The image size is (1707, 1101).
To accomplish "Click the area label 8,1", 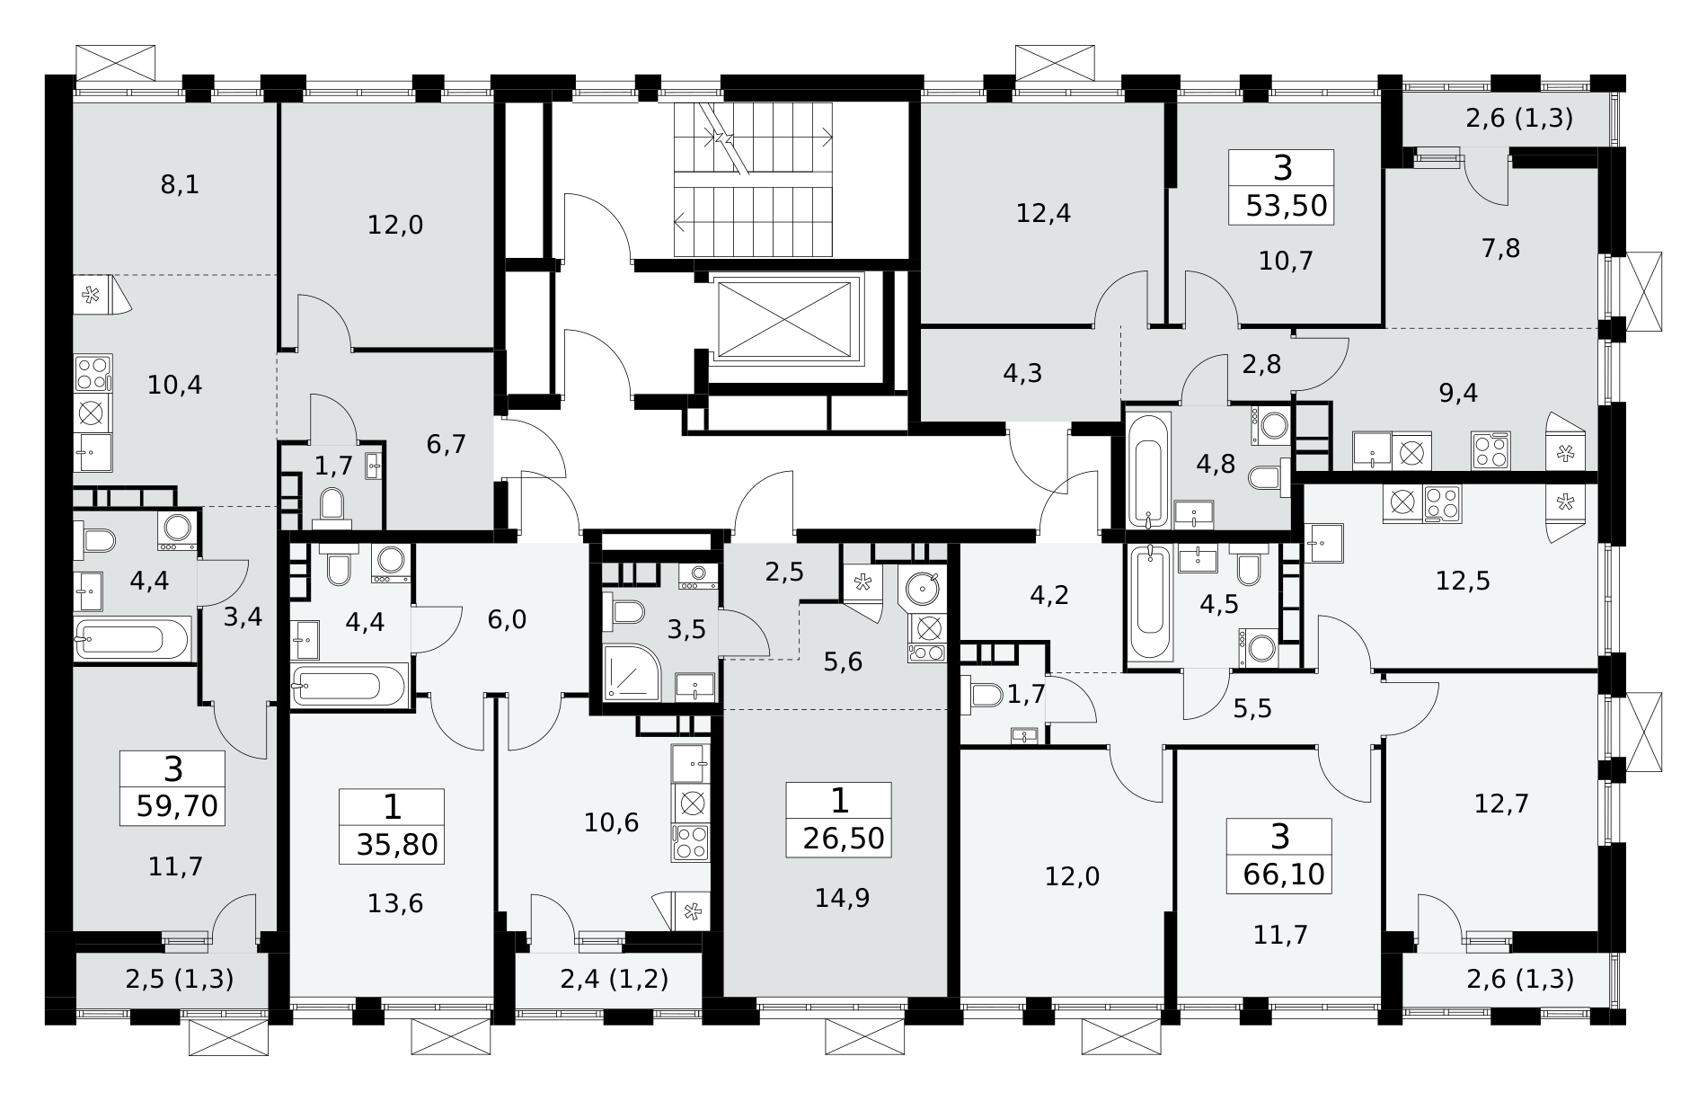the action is coord(180,185).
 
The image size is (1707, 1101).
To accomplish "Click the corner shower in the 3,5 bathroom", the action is coord(632,670).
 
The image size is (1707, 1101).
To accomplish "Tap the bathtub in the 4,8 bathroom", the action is coord(1149,469).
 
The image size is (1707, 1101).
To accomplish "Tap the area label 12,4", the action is coord(1044,214).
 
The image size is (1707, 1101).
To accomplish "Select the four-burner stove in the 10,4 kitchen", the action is coord(93,373).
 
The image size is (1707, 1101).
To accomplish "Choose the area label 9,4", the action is coord(1458,393).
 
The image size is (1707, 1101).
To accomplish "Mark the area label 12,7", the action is coord(1501,802).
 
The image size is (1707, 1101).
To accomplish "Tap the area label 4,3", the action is coord(1022,373).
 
